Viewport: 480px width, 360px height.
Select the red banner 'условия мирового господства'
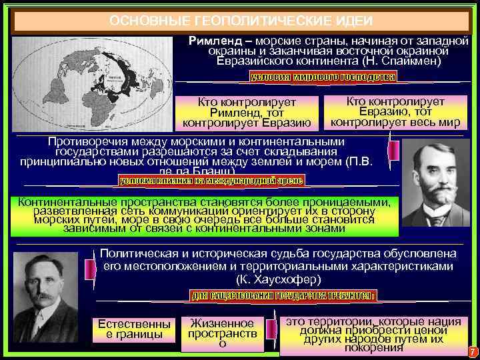(x=323, y=77)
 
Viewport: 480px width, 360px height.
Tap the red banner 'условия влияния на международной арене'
(x=211, y=180)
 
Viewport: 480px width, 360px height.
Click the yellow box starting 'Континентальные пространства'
(x=204, y=215)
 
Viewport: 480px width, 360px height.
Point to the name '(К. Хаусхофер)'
(x=278, y=279)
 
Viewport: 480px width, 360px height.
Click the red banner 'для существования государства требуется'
(x=283, y=295)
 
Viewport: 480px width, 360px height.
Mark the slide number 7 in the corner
(x=472, y=351)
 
